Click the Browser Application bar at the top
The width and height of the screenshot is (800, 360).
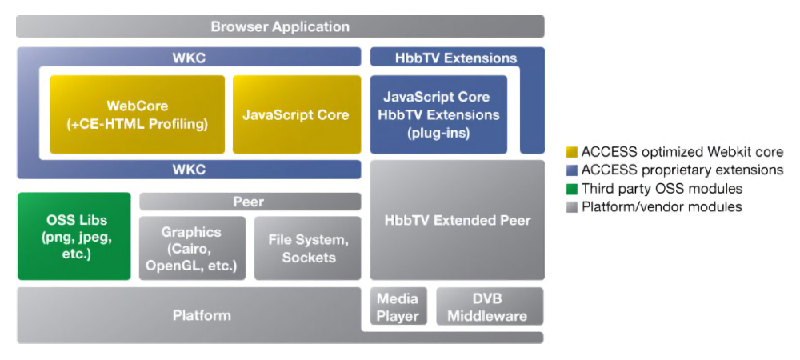click(280, 26)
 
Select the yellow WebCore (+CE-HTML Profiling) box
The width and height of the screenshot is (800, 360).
click(137, 114)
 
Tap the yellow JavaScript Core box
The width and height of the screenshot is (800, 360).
click(295, 114)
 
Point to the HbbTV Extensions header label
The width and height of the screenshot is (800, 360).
click(456, 58)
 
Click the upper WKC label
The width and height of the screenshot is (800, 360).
click(189, 58)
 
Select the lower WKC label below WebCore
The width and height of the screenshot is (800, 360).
click(189, 170)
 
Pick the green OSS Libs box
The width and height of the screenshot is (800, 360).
click(74, 237)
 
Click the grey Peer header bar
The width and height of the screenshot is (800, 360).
click(248, 202)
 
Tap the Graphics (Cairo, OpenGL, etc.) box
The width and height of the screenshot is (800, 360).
click(191, 248)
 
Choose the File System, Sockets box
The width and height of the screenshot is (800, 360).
click(308, 248)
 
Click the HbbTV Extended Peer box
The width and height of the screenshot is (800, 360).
click(457, 220)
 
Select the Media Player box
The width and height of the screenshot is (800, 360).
click(398, 307)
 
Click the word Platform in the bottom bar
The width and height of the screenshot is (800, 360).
click(202, 315)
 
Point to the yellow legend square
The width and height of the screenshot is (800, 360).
click(571, 152)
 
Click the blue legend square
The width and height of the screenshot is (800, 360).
click(571, 170)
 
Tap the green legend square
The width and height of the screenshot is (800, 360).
click(571, 189)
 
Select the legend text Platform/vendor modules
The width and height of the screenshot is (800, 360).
click(662, 207)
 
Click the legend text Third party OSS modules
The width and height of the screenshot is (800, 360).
click(662, 189)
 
